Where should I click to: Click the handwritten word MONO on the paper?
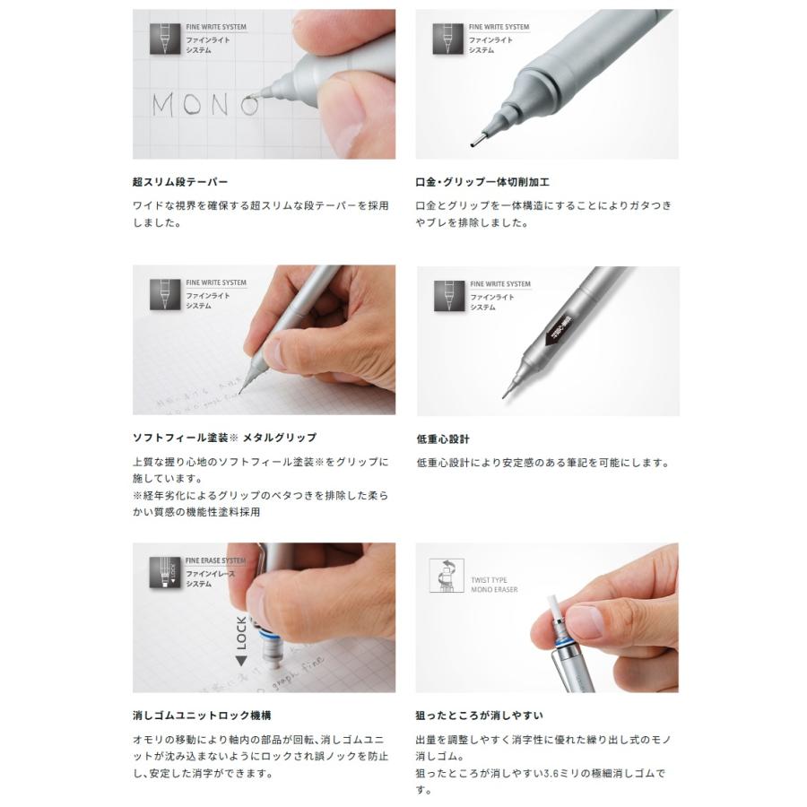coord(205,105)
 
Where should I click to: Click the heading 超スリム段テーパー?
coord(180,182)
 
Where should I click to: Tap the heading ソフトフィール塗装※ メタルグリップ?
coord(224,438)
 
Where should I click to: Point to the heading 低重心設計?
coord(443,439)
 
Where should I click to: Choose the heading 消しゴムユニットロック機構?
coord(202,716)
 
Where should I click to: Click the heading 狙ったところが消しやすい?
coord(480,716)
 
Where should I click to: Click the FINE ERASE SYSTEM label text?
coord(215,560)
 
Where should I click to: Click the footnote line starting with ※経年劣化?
coord(260,496)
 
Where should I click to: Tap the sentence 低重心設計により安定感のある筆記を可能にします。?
coord(543,463)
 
